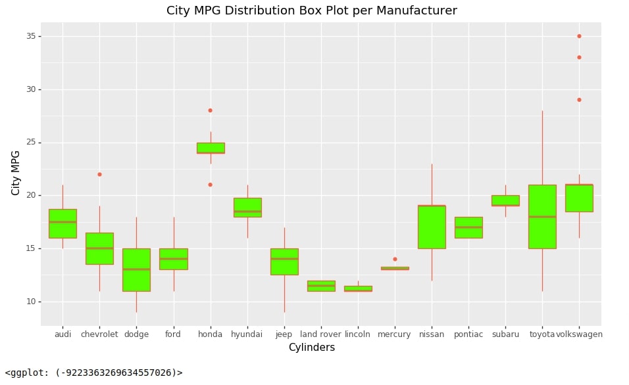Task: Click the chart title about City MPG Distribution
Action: coord(312,11)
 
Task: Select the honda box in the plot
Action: coord(211,148)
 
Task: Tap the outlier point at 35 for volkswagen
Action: coord(579,36)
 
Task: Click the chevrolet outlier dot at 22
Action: coord(99,174)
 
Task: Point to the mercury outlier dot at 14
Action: coord(395,260)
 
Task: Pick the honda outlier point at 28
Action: coord(210,110)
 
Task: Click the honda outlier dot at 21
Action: coord(210,185)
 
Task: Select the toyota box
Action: coord(542,217)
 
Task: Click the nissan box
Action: coord(432,227)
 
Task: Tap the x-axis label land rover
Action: coord(320,334)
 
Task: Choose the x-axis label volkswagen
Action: coord(579,334)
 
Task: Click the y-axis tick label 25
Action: coord(32,143)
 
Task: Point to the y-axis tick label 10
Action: coord(32,302)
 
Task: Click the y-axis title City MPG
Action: coord(15,173)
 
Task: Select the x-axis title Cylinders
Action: coord(312,348)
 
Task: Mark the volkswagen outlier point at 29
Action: coord(579,100)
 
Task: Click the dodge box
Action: coord(136,270)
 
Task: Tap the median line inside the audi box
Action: coord(63,222)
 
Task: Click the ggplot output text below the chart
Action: coord(94,373)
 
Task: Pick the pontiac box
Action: coord(468,227)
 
